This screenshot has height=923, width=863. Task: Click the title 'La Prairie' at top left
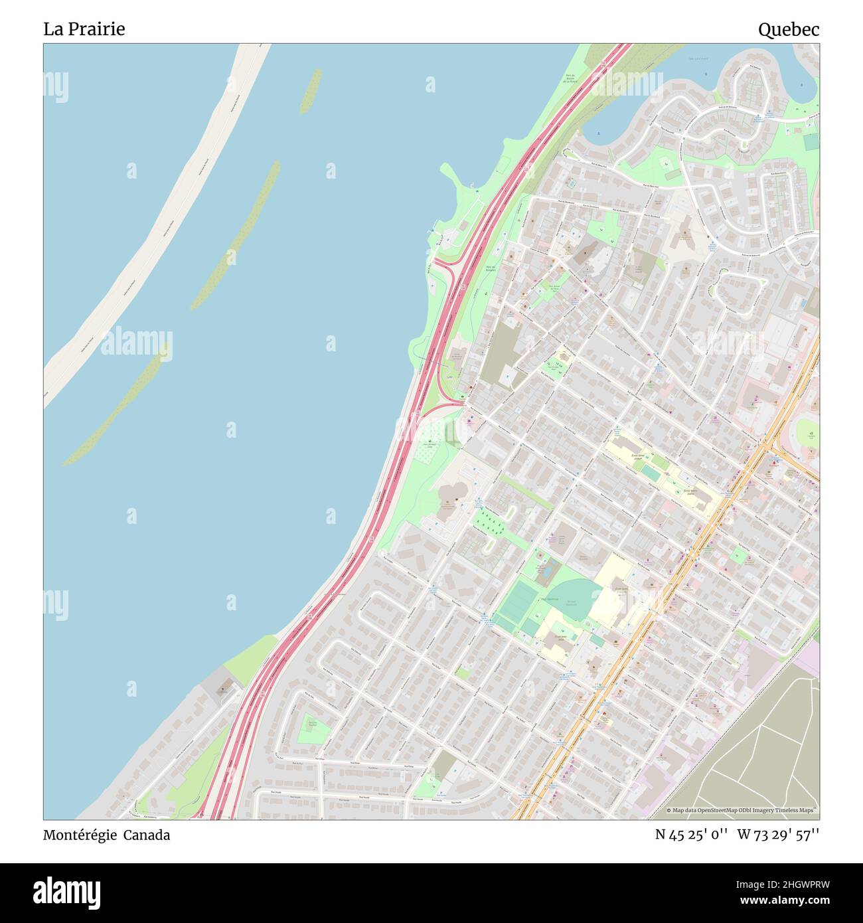[x=84, y=29]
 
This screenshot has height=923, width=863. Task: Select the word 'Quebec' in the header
[x=789, y=29]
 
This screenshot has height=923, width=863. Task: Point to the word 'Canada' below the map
[x=149, y=835]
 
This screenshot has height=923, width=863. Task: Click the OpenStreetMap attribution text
[x=742, y=810]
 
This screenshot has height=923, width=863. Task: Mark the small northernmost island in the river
[x=310, y=90]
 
